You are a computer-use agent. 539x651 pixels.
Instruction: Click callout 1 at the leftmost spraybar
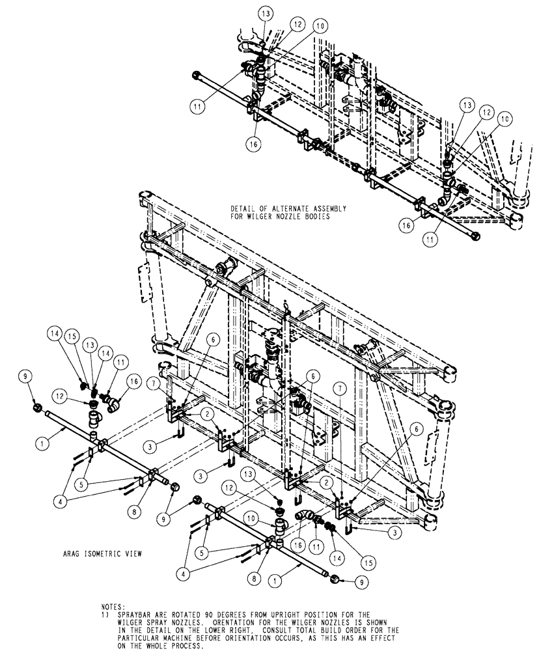(42, 441)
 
